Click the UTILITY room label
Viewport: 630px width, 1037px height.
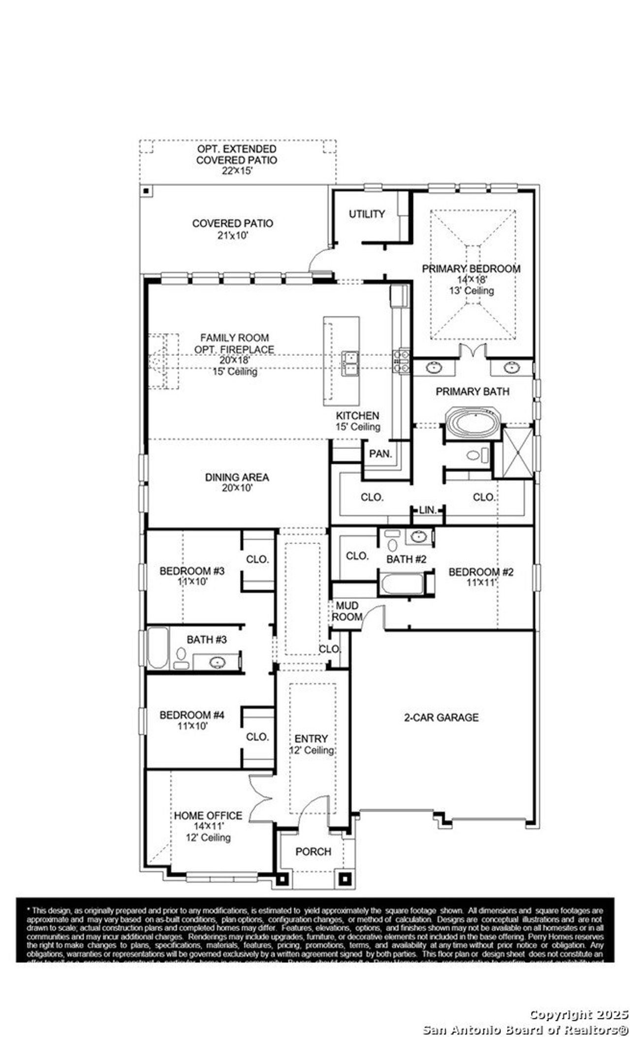[367, 214]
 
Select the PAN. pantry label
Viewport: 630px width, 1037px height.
[380, 454]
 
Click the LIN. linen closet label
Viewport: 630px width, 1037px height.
[428, 510]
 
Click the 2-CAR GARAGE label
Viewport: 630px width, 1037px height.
[441, 718]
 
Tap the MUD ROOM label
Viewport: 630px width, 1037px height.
[347, 611]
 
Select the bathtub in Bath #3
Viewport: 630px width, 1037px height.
[157, 648]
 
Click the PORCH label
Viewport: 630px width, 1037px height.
[313, 851]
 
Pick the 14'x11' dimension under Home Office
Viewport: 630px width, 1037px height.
[208, 826]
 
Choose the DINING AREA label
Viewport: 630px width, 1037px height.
[237, 477]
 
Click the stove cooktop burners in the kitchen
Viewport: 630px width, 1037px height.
[401, 360]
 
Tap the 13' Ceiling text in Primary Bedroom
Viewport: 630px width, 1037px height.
[472, 290]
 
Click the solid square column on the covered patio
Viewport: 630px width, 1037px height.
[146, 191]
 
